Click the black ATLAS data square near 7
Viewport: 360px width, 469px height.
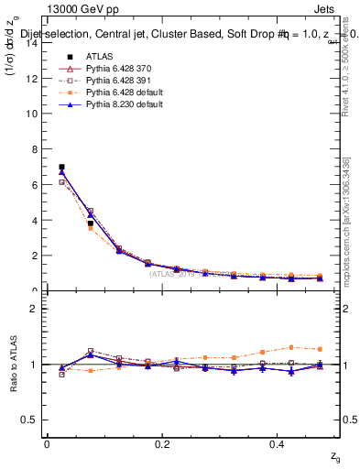61,167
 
